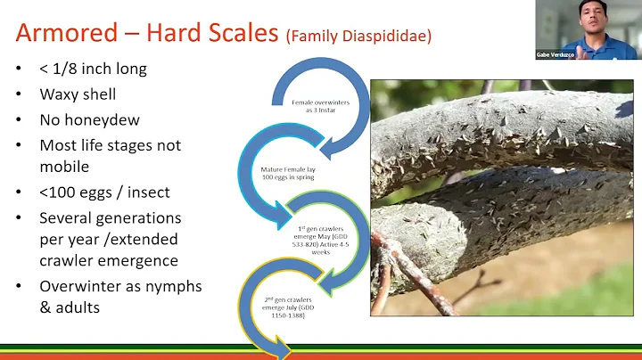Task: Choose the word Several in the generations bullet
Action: tap(71, 217)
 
